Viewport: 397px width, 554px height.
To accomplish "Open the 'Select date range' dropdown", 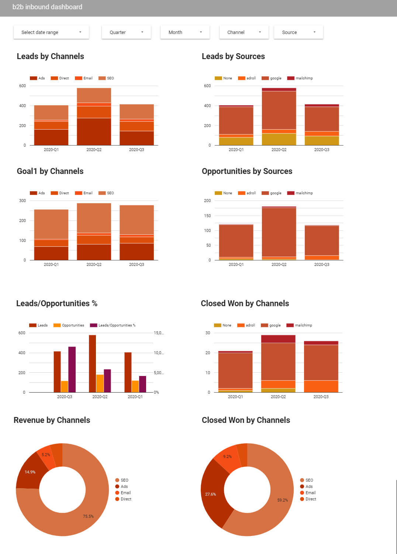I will point(51,33).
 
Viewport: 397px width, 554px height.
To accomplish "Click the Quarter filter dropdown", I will point(126,33).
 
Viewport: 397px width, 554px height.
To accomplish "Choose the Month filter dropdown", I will point(185,33).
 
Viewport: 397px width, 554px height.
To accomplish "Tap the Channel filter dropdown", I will point(244,33).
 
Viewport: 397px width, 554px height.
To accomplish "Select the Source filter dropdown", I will point(298,33).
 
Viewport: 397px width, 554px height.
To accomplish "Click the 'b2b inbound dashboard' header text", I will point(47,7).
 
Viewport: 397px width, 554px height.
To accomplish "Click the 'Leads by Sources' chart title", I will point(233,57).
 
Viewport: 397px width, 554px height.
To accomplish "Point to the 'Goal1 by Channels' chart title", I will point(50,171).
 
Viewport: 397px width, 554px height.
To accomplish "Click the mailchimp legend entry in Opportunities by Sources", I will point(300,193).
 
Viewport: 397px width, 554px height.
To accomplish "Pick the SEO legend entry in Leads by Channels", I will point(107,78).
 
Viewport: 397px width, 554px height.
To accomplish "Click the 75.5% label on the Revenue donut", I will point(88,516).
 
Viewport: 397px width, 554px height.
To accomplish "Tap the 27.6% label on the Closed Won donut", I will point(210,494).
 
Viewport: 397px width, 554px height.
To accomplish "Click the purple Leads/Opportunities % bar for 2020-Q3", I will point(72,369).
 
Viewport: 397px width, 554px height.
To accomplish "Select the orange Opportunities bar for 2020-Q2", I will point(100,383).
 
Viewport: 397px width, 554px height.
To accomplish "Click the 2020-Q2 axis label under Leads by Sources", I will point(279,150).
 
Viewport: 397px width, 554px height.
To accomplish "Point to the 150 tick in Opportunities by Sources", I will point(207,216).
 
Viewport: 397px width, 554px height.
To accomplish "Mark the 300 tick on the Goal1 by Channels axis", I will point(23,201).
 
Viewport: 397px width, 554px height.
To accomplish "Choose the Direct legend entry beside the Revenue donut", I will point(123,499).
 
